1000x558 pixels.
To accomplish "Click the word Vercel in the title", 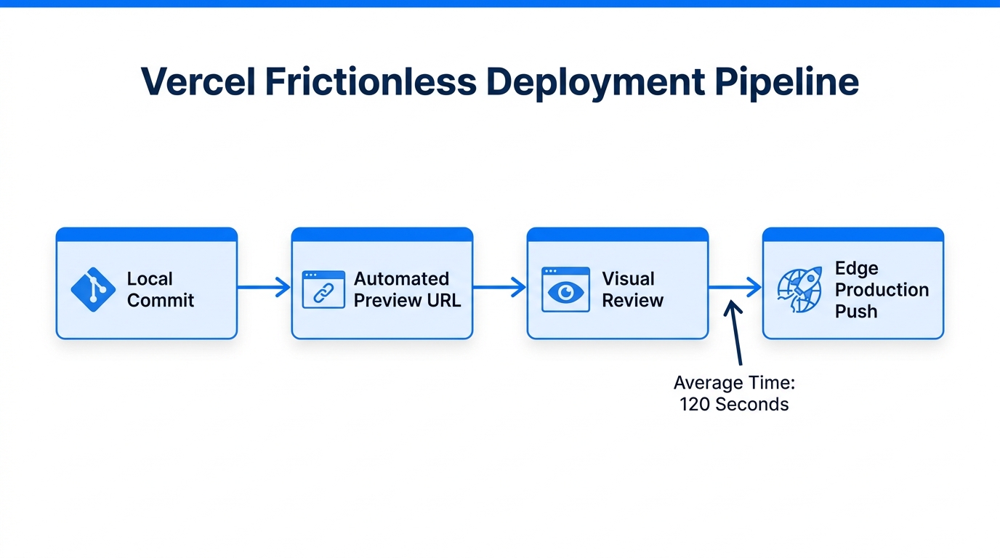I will click(x=198, y=81).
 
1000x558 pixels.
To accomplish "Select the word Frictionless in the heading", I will click(x=370, y=81).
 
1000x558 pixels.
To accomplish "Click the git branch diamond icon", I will click(x=93, y=289).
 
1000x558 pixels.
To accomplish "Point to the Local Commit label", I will click(x=161, y=289).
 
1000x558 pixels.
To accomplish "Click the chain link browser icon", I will click(x=323, y=289).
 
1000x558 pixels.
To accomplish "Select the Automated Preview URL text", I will click(x=407, y=289).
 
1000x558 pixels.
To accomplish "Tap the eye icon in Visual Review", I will click(x=565, y=290).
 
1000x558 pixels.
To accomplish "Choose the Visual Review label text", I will click(x=632, y=289).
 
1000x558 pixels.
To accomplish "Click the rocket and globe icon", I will click(x=799, y=290).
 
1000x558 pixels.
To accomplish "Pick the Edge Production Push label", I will click(x=882, y=289).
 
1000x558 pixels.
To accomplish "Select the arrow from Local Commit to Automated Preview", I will click(x=264, y=287).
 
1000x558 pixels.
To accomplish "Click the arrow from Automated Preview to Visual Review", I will click(x=499, y=287).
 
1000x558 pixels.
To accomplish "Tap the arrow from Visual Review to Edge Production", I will click(x=735, y=287).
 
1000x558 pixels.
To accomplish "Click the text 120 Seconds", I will click(x=734, y=404).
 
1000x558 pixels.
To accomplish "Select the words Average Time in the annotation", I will click(x=734, y=383).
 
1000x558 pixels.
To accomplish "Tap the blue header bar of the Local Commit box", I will click(x=147, y=235).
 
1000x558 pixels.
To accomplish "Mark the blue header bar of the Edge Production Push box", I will click(x=852, y=235).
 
